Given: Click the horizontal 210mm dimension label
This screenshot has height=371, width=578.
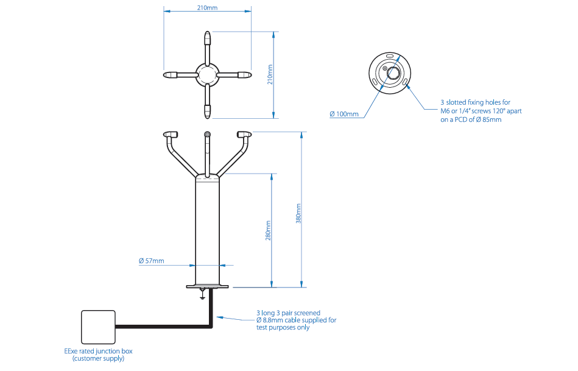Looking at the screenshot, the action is pyautogui.click(x=207, y=7).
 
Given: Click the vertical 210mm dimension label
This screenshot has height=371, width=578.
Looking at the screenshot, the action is pyautogui.click(x=270, y=74).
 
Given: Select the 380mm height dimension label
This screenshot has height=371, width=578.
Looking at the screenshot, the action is pyautogui.click(x=298, y=213).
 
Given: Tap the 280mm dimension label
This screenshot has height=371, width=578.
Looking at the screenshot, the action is pyautogui.click(x=269, y=230).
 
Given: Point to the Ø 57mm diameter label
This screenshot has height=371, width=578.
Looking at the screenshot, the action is pyautogui.click(x=152, y=261).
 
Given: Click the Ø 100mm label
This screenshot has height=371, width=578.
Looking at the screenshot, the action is pyautogui.click(x=344, y=114).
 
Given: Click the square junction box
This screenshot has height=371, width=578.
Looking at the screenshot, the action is pyautogui.click(x=98, y=327).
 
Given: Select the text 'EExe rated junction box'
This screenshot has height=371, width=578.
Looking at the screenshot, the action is pyautogui.click(x=98, y=351).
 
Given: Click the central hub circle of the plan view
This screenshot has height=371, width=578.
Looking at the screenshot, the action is pyautogui.click(x=208, y=75).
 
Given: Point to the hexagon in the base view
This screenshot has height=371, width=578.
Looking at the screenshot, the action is pyautogui.click(x=393, y=73).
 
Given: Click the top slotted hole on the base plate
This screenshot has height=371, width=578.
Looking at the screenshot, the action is pyautogui.click(x=390, y=56).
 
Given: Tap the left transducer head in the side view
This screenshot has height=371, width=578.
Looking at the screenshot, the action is pyautogui.click(x=171, y=134).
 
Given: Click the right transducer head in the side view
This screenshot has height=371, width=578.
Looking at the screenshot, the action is pyautogui.click(x=244, y=134).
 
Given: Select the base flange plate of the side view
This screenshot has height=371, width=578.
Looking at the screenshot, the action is pyautogui.click(x=208, y=286).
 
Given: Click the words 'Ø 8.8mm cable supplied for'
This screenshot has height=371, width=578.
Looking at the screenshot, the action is pyautogui.click(x=297, y=320).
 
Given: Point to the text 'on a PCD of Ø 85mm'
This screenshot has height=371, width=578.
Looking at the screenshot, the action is pyautogui.click(x=471, y=119).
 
